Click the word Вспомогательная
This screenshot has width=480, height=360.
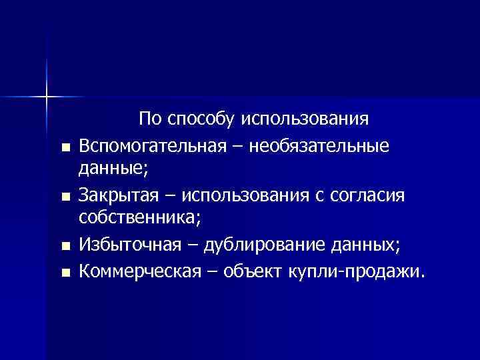147,145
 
